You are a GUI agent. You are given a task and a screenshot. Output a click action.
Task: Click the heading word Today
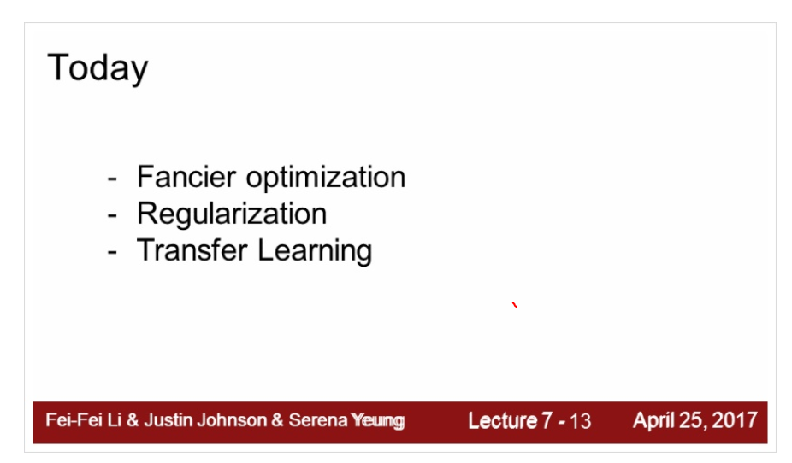click(x=97, y=68)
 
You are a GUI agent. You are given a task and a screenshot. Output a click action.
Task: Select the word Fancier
click(x=186, y=177)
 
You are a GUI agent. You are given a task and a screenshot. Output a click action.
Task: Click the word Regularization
click(x=232, y=214)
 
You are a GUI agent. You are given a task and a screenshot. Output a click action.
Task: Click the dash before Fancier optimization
click(x=113, y=179)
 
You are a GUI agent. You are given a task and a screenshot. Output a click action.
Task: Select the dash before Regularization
click(x=113, y=215)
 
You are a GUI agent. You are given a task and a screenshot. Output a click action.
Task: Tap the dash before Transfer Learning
click(x=113, y=252)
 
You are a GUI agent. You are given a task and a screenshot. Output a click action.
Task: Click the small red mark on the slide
click(x=515, y=305)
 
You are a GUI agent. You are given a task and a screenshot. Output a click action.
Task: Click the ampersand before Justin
click(x=132, y=420)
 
